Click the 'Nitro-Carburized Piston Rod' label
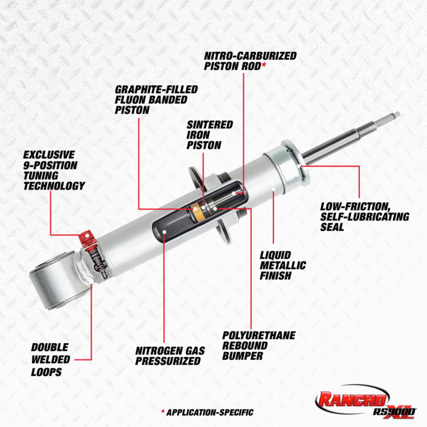pyautogui.click(x=250, y=60)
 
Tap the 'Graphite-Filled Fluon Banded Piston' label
pyautogui.click(x=156, y=99)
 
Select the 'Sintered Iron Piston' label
pyautogui.click(x=209, y=134)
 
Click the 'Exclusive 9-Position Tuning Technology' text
pyautogui.click(x=53, y=170)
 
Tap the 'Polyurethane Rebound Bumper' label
pyautogui.click(x=258, y=345)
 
